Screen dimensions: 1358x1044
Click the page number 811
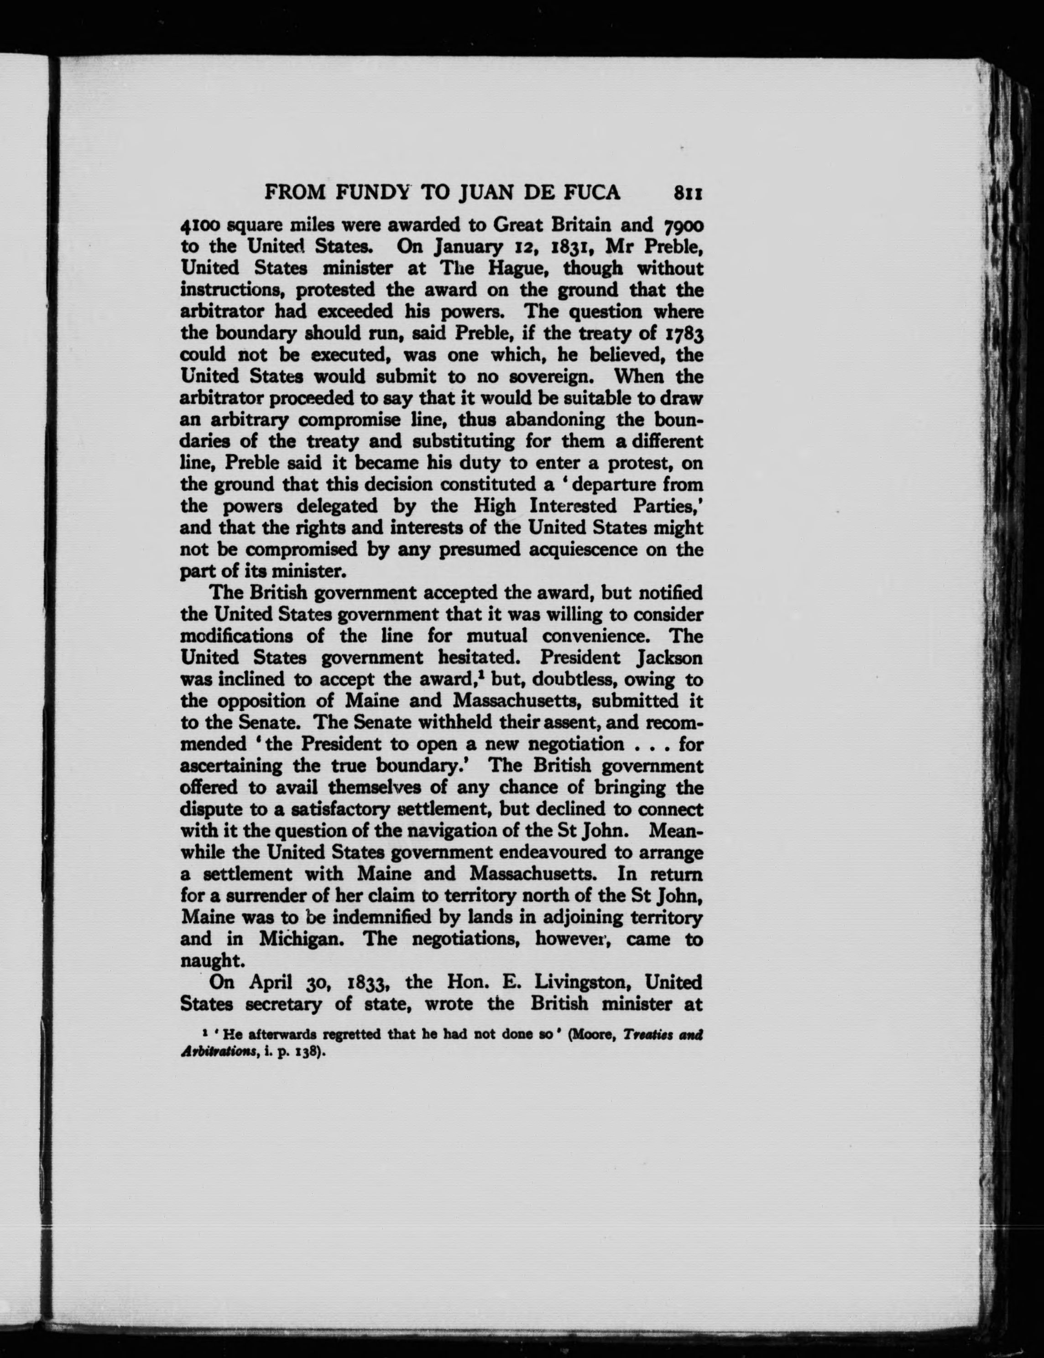coord(688,193)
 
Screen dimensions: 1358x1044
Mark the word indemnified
coord(385,917)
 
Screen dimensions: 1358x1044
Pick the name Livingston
coord(580,982)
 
